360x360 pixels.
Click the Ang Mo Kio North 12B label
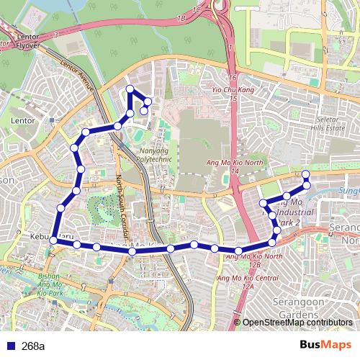[x=253, y=260]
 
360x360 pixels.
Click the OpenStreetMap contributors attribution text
[x=302, y=323]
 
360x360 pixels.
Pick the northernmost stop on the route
[x=130, y=89]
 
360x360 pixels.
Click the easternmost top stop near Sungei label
[x=305, y=174]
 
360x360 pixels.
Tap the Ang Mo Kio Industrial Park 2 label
[x=293, y=213]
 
